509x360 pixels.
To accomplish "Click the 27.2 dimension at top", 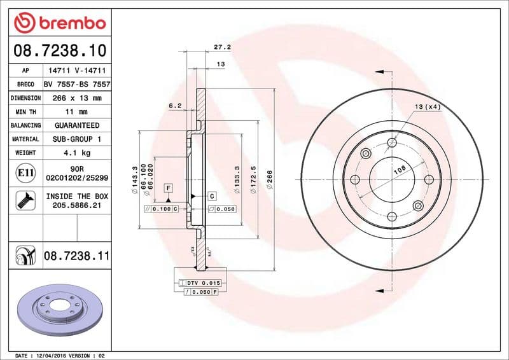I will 221,47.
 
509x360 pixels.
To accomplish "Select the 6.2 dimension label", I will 176,106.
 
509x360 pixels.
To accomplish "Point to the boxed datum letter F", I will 169,188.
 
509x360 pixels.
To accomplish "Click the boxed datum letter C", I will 212,196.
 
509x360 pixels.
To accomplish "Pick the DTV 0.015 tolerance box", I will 202,282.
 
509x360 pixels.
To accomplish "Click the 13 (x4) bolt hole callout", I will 428,106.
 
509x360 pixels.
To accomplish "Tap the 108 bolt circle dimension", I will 399,169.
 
